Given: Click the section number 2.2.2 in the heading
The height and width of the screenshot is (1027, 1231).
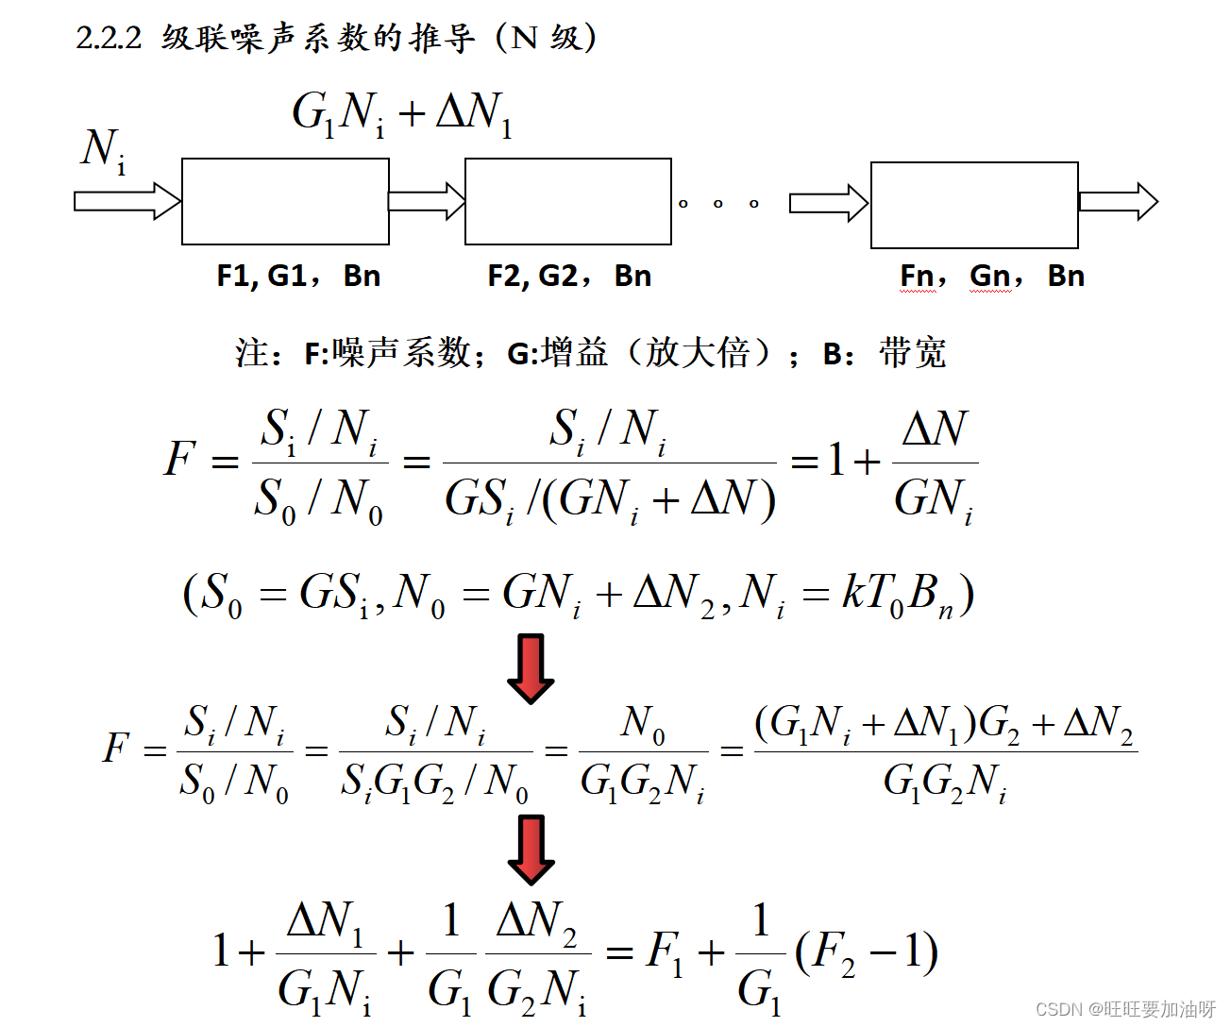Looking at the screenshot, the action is pos(109,38).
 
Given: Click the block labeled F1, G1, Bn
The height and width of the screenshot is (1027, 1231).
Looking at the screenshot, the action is pos(285,201).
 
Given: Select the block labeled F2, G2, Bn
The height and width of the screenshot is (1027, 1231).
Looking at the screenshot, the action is pos(568,201).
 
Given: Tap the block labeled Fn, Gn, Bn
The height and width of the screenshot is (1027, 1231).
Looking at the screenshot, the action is pos(974,205).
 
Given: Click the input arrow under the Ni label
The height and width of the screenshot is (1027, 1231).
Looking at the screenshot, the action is pos(126,201).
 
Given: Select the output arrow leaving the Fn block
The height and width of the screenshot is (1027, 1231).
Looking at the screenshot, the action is pos(1118,201).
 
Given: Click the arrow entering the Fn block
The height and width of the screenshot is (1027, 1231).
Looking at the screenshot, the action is pos(828,203).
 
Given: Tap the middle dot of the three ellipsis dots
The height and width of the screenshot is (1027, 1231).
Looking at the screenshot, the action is pos(718,203).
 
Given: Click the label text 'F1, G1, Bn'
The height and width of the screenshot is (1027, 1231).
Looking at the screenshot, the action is pos(298,276).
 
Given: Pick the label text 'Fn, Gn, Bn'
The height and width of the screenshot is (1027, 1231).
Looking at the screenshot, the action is pos(992,276).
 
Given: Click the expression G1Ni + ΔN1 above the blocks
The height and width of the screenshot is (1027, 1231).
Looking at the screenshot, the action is pos(402,114).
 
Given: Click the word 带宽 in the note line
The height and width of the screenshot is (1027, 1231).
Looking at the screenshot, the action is pos(912,353).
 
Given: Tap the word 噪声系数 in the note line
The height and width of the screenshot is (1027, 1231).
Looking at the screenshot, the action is pos(401,353).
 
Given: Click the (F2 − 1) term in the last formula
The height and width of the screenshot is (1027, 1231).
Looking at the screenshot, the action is pos(867,953).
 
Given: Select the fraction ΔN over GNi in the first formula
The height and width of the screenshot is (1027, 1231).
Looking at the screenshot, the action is pos(935,463).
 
